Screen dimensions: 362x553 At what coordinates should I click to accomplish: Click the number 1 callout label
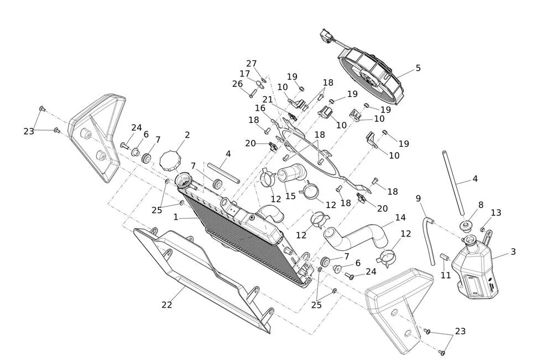click(176, 218)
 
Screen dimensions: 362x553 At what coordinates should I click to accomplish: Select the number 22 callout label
click(167, 304)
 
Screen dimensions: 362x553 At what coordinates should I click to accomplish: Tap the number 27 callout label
click(252, 64)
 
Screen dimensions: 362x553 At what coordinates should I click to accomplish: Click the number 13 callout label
click(496, 213)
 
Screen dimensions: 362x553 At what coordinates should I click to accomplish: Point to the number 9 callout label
click(419, 198)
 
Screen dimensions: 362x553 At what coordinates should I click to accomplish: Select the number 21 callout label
click(268, 100)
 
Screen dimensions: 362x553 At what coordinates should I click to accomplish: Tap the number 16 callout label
click(260, 108)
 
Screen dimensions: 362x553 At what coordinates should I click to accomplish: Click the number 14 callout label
click(400, 218)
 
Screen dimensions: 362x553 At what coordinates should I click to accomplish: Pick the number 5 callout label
click(418, 68)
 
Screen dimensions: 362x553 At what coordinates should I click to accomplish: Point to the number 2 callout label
click(187, 135)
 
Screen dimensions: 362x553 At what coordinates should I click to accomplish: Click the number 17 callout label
click(245, 74)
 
